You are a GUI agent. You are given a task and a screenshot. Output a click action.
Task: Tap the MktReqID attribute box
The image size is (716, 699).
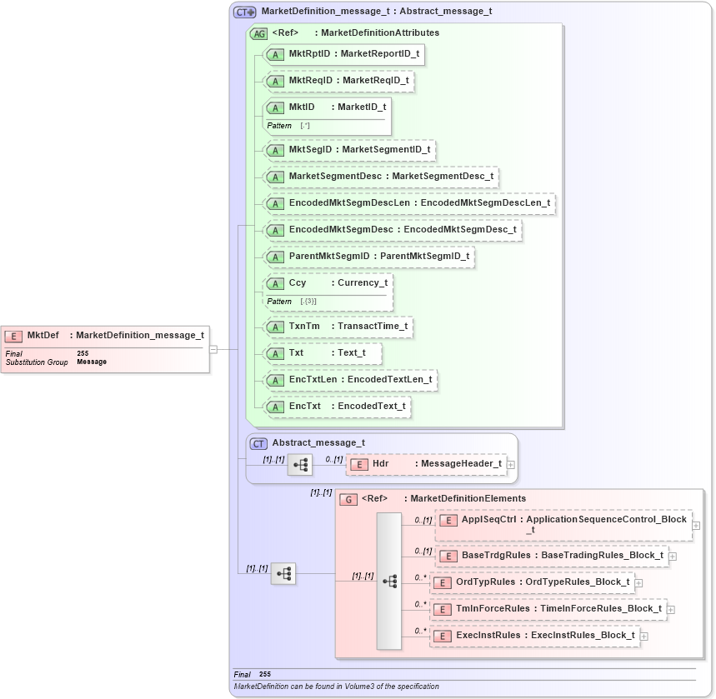[338, 81]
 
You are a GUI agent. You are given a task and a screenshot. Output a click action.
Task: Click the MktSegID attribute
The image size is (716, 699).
[348, 150]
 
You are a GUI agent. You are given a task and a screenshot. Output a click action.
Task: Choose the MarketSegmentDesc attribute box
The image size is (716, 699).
[380, 177]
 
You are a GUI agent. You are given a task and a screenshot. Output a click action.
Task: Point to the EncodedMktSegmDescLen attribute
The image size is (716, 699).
[408, 203]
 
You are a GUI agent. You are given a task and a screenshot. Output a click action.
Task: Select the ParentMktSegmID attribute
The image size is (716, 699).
[368, 257]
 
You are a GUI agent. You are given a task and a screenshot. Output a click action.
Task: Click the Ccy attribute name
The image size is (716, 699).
[298, 283]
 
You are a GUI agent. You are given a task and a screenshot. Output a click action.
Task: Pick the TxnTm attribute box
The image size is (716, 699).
[338, 327]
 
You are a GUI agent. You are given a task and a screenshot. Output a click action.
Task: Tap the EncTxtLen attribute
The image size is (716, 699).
[349, 380]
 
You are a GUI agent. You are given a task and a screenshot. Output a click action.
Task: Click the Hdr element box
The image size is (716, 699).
[426, 464]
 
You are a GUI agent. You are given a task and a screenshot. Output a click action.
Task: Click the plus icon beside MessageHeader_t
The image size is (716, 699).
[511, 465]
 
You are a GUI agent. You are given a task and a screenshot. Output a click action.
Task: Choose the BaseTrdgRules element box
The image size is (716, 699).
[552, 556]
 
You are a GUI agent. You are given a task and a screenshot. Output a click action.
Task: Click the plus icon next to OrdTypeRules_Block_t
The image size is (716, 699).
[638, 582]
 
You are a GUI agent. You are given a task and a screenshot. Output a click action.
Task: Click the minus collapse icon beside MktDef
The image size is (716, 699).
[213, 349]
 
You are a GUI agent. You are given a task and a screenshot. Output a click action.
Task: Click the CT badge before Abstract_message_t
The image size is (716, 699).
[259, 443]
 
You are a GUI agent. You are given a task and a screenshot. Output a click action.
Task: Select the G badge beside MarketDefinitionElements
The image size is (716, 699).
[348, 499]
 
